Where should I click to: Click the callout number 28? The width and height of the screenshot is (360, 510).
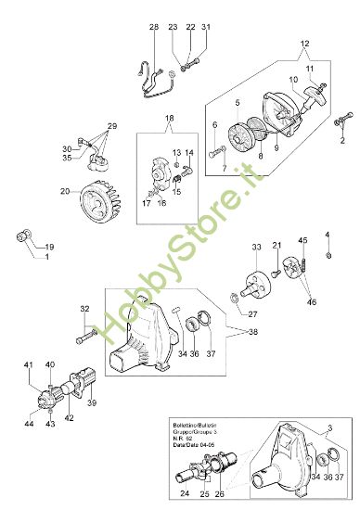153,27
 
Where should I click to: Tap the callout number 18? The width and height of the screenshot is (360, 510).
170,119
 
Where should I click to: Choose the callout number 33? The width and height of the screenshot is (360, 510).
256,248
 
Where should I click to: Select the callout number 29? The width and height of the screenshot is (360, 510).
112,125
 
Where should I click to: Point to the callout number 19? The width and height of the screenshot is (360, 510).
49,248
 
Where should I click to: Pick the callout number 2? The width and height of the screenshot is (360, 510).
342,141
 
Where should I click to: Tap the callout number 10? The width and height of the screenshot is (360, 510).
292,79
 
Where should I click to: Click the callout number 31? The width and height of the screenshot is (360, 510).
206,27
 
